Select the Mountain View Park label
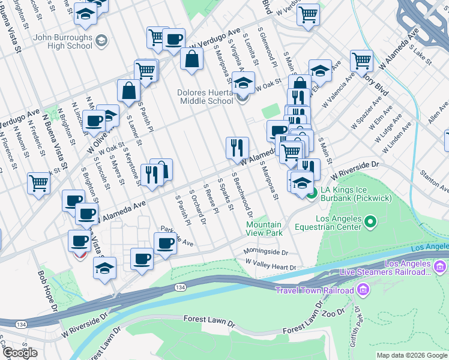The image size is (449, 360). click(264, 228)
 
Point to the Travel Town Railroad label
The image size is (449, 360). click(314, 291)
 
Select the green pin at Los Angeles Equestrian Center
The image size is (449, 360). click(370, 223)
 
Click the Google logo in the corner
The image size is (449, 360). click(20, 353)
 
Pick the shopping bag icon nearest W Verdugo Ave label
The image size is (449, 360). click(191, 59)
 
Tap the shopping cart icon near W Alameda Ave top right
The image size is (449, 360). click(361, 60)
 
